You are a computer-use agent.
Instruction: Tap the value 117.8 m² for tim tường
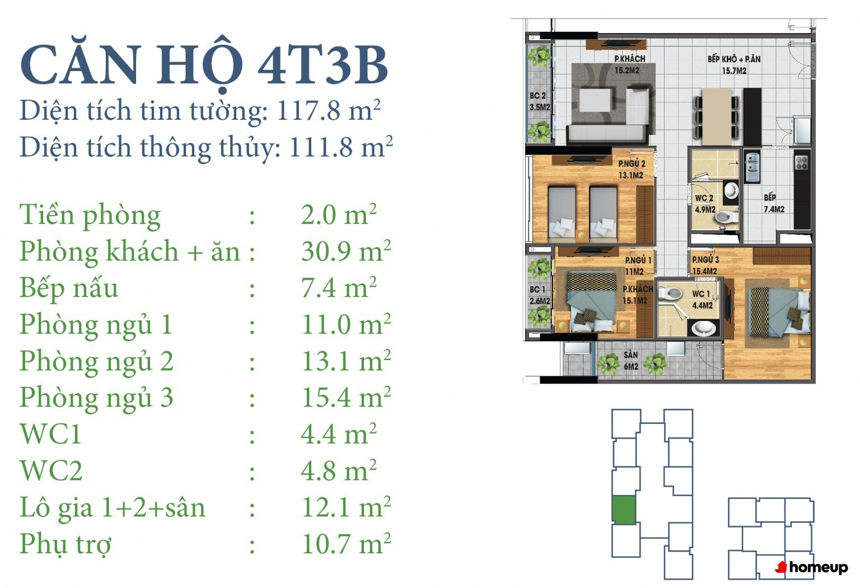point(329,111)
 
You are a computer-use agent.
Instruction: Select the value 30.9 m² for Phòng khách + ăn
point(346,251)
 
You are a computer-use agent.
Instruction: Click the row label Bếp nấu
point(69,288)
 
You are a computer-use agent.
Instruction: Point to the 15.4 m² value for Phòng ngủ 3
point(346,397)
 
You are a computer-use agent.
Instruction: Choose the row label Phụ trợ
point(66,545)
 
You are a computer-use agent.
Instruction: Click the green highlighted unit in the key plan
point(624,510)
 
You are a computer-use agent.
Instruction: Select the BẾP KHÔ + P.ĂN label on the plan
point(734,65)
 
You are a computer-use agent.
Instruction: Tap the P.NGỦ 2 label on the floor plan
point(631,169)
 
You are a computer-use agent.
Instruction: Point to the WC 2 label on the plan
point(705,203)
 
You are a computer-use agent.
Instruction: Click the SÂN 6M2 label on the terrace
point(631,361)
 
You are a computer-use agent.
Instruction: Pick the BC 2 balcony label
point(539,101)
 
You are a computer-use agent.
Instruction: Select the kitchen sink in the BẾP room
point(752,167)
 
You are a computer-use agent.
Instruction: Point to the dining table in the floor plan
point(717,116)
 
